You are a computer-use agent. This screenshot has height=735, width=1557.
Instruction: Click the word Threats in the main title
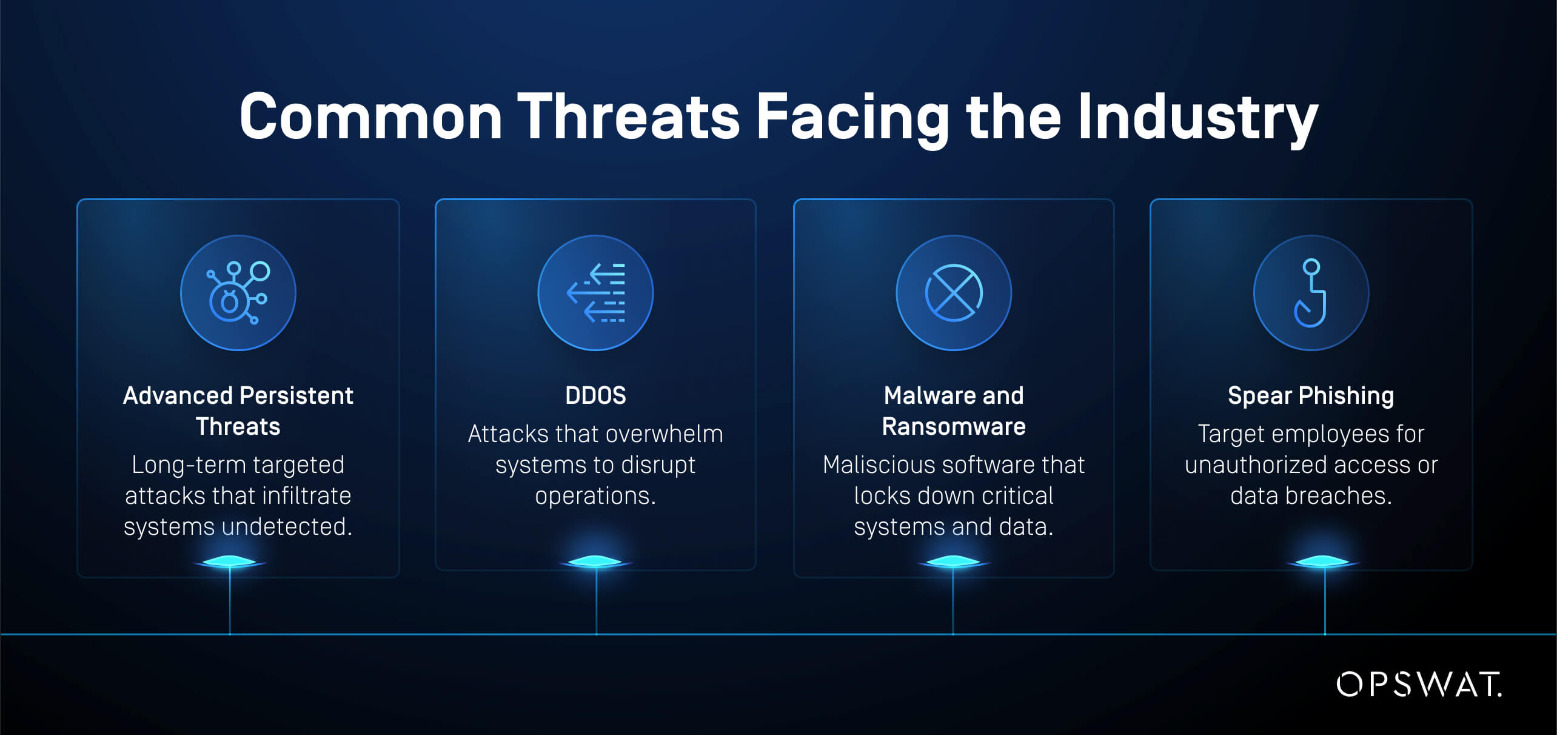628,116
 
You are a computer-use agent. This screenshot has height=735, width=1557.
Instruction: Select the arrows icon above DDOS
596,293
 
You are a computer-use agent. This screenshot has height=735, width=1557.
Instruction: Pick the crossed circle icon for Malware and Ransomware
954,293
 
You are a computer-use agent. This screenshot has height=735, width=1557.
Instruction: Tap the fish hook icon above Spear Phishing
1311,293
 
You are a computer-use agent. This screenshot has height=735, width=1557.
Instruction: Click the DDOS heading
595,395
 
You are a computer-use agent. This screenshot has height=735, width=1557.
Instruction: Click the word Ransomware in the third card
954,426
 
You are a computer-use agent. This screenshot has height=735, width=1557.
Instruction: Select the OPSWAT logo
1419,684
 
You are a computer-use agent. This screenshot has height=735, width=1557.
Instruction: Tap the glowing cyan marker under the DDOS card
596,562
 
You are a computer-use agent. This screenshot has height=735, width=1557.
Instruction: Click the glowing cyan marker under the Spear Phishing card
1324,562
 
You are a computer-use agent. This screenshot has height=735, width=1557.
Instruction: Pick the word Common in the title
371,116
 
